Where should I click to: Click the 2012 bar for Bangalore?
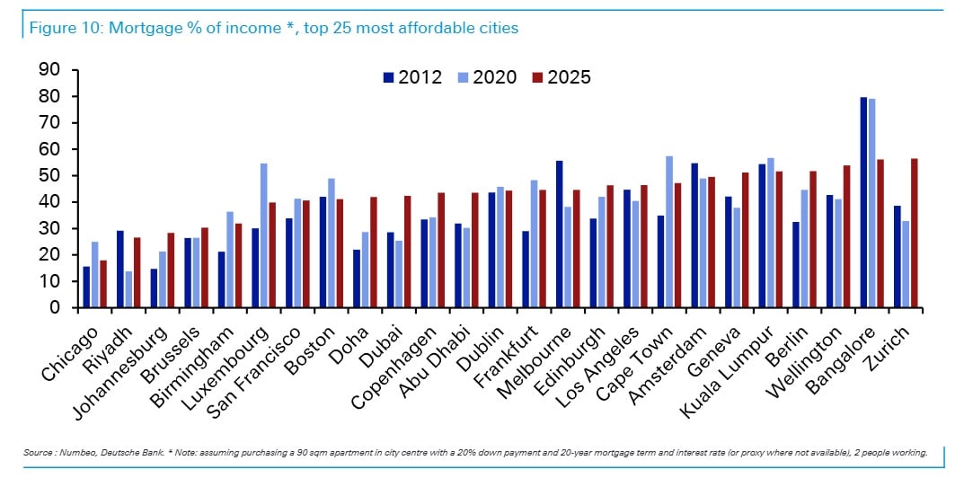click(x=863, y=202)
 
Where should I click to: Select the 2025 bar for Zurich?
click(x=914, y=233)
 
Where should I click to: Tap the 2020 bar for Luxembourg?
click(x=263, y=235)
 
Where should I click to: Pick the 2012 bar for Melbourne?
click(x=559, y=234)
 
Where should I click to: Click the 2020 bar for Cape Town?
click(x=669, y=232)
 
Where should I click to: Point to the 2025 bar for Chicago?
click(x=103, y=284)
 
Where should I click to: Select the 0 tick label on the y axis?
click(x=56, y=307)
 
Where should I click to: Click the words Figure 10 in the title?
click(x=65, y=28)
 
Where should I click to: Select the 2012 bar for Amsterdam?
click(x=694, y=235)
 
